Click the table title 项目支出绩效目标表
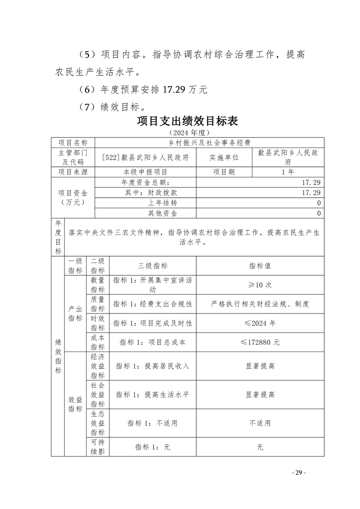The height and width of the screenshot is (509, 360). coord(187,122)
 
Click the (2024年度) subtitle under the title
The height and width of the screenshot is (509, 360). coord(187,132)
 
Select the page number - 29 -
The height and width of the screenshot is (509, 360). coord(298,472)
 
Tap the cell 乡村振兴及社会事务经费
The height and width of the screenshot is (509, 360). coord(209,142)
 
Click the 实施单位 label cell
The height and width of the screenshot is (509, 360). coord(224,157)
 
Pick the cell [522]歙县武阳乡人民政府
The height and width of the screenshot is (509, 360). coord(145,157)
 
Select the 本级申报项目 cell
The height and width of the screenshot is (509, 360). coord(145,172)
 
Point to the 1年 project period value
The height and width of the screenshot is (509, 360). coord(288,172)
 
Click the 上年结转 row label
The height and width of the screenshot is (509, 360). coord(163,203)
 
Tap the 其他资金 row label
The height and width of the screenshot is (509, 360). coord(163,213)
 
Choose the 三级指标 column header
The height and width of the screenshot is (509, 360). coord(153,266)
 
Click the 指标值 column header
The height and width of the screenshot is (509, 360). coord(260,266)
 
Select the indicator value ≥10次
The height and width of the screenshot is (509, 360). coord(260,285)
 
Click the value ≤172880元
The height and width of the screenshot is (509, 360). coord(260,342)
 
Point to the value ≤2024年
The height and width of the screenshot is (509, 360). coord(260,323)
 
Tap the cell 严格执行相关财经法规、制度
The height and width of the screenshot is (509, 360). coord(260,304)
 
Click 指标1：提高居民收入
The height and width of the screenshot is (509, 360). coord(153,366)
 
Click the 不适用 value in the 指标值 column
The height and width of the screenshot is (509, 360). coord(260,423)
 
